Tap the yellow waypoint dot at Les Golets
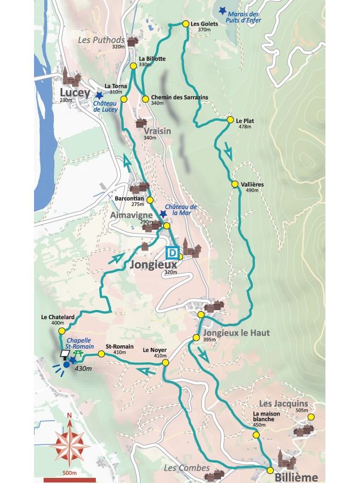pyautogui.click(x=185, y=24)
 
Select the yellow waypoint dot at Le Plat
pyautogui.click(x=230, y=120)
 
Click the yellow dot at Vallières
pyautogui.click(x=234, y=184)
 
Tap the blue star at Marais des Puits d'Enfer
pyautogui.click(x=222, y=10)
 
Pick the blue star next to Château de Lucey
pyautogui.click(x=99, y=95)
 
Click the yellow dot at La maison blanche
pyautogui.click(x=256, y=435)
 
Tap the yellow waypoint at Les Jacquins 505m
pyautogui.click(x=310, y=417)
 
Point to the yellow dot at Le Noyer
pyautogui.click(x=165, y=362)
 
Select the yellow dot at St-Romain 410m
pyautogui.click(x=101, y=354)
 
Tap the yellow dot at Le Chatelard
pyautogui.click(x=65, y=333)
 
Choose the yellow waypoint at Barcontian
pyautogui.click(x=150, y=200)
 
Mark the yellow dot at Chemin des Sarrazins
pyautogui.click(x=145, y=98)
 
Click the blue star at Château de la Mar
pyautogui.click(x=163, y=214)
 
